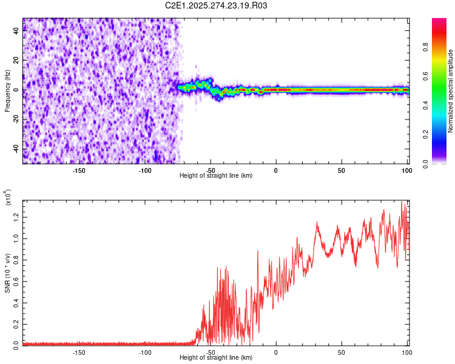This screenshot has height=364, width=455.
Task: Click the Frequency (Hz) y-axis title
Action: point(7,91)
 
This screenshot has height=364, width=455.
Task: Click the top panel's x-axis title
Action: point(216,175)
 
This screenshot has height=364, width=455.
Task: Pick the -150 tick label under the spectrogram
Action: point(78,170)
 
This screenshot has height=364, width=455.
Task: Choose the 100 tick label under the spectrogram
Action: point(406,170)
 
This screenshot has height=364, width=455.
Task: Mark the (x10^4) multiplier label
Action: point(7,198)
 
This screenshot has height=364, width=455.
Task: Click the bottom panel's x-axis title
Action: point(216,357)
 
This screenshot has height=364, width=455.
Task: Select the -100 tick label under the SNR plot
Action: point(144,352)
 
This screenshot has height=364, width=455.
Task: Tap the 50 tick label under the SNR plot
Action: point(341,352)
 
